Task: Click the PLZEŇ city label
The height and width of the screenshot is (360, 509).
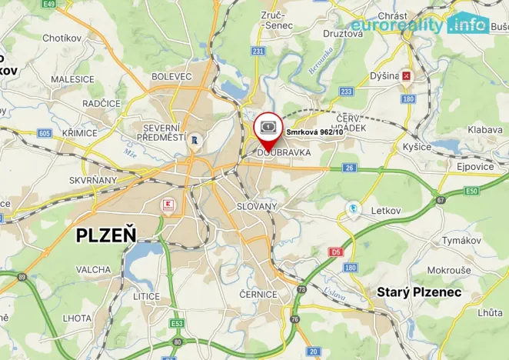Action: tap(106, 235)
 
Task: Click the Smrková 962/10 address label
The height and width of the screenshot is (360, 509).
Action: tap(314, 132)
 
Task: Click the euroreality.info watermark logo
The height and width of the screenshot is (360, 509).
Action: tap(431, 24)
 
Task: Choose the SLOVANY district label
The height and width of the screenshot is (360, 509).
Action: tap(256, 207)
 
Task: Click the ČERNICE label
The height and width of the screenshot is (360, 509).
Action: tap(258, 294)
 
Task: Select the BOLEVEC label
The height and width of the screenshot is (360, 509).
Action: tap(171, 76)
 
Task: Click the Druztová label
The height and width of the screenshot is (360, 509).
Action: tap(342, 33)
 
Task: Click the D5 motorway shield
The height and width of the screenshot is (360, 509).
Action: tap(335, 252)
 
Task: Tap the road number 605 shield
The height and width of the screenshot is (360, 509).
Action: tap(44, 132)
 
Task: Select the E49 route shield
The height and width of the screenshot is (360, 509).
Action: tap(50, 4)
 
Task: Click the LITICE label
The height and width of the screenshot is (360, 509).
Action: tap(146, 295)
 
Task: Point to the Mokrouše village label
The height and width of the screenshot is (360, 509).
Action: tap(449, 270)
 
